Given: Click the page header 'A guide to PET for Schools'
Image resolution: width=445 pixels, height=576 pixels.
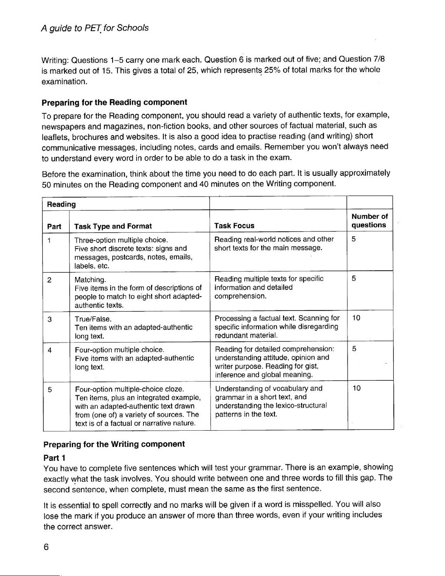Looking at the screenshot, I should pyautogui.click(x=95, y=28).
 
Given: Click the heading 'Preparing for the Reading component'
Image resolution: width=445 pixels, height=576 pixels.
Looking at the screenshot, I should pyautogui.click(x=115, y=102).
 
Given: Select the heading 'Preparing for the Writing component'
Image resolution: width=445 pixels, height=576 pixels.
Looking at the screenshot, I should pyautogui.click(x=114, y=444).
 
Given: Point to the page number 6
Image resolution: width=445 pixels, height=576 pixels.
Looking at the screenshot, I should pyautogui.click(x=46, y=547).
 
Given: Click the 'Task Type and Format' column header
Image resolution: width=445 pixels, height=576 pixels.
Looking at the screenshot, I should pyautogui.click(x=113, y=226).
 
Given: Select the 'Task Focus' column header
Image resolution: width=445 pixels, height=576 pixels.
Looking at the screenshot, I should pyautogui.click(x=234, y=226).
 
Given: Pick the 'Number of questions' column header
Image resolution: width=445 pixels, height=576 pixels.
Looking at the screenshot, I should pyautogui.click(x=369, y=221).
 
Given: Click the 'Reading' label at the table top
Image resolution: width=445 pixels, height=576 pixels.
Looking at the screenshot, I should pyautogui.click(x=61, y=204).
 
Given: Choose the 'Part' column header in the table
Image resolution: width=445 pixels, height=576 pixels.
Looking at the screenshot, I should pyautogui.click(x=54, y=226).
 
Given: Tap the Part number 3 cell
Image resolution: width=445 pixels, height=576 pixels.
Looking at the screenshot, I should pyautogui.click(x=49, y=319).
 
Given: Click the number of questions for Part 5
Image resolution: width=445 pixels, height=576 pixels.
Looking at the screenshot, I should pyautogui.click(x=356, y=388).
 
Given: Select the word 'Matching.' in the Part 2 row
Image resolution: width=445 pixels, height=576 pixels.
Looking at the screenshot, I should pyautogui.click(x=90, y=280).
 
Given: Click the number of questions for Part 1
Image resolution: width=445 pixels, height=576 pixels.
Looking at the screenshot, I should pyautogui.click(x=354, y=239).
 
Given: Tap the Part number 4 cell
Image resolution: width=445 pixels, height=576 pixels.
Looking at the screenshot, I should pyautogui.click(x=49, y=350).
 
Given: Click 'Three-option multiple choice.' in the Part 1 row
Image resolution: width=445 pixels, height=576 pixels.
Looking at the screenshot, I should pyautogui.click(x=121, y=240).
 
